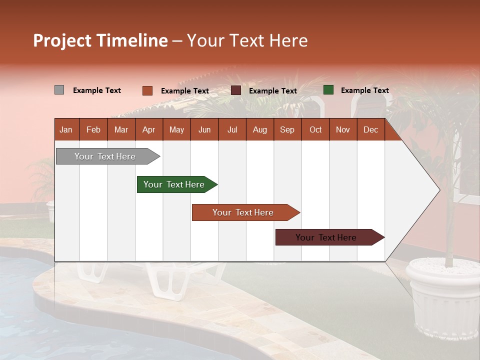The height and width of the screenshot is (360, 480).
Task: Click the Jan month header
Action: point(66,129)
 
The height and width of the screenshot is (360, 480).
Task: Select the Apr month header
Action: point(149,129)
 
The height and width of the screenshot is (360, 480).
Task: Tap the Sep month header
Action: point(287,129)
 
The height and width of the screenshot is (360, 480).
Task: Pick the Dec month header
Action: point(370,129)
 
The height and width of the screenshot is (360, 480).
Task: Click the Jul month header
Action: point(232,129)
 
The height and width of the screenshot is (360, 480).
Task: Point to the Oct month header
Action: point(315,129)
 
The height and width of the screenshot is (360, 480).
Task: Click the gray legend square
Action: point(59,90)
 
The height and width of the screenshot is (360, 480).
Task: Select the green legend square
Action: point(328,90)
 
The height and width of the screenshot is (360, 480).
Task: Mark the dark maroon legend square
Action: point(236,90)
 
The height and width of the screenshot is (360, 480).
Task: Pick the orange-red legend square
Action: point(147,90)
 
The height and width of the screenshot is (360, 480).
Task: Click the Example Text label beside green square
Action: point(364,90)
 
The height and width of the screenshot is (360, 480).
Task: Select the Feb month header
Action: point(93,129)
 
